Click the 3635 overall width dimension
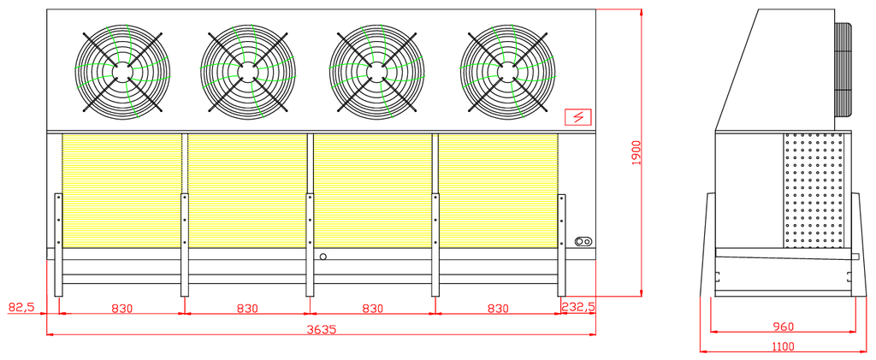[322, 329]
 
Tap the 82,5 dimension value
[21, 308]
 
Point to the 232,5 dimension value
[579, 308]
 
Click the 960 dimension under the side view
[783, 326]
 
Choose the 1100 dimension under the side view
[783, 346]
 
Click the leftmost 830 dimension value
[121, 308]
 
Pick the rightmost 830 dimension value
[498, 308]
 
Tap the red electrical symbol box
[578, 117]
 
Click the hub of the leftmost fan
[121, 72]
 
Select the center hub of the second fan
[247, 72]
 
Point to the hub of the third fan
[376, 72]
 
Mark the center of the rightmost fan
[507, 72]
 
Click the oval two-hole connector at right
[583, 242]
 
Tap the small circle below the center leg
[323, 257]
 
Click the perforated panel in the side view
[813, 191]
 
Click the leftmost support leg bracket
[59, 245]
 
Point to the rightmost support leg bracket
[561, 245]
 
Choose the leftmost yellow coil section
[121, 191]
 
